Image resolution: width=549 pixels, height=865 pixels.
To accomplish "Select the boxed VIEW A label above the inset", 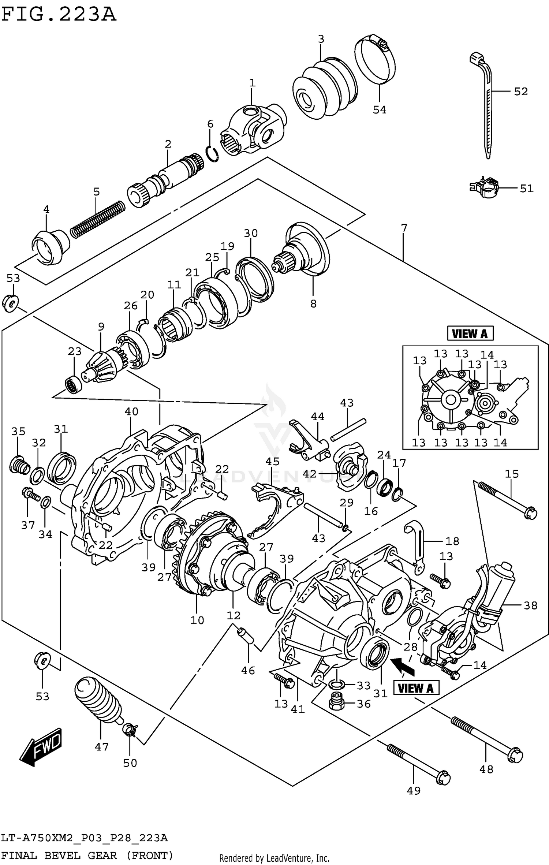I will click(x=470, y=333).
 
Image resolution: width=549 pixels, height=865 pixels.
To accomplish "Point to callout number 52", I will click(x=520, y=92).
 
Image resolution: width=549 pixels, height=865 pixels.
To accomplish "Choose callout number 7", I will click(x=404, y=228).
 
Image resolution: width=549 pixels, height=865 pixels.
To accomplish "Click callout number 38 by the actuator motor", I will click(x=530, y=605).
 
